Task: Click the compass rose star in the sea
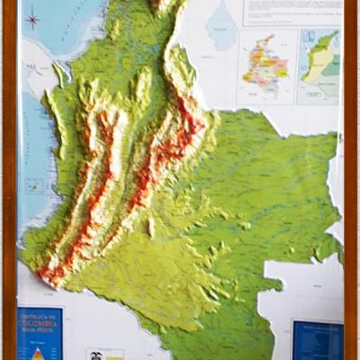pos(33,18)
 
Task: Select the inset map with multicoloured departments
pos(266,66)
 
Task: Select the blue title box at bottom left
pos(40,333)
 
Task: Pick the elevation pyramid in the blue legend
pos(38,352)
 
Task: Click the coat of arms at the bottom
pos(93,355)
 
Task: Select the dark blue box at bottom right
pos(318,340)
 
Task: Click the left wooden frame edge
pos(8,180)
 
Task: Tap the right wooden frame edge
pos(351,180)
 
